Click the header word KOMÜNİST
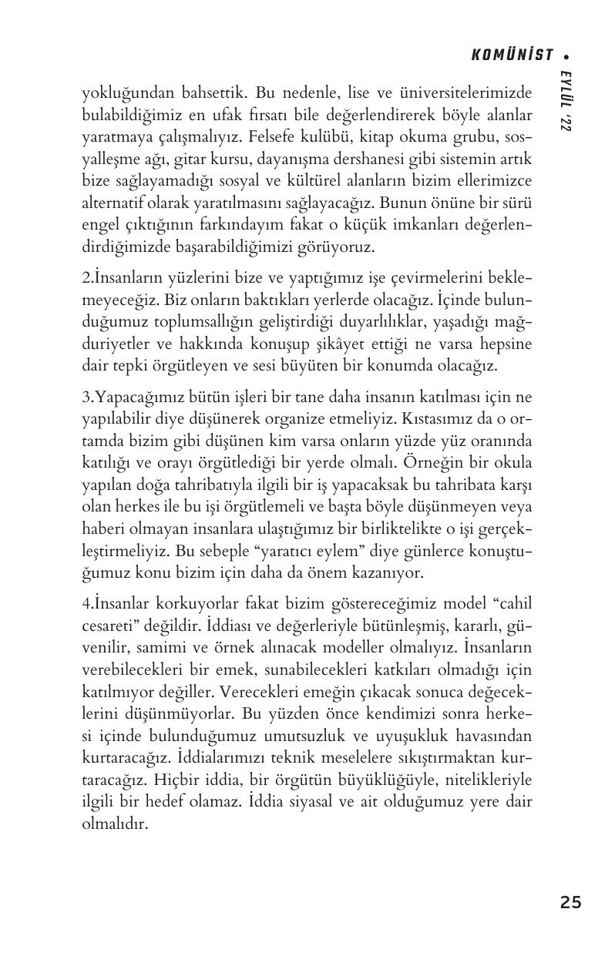[x=512, y=55]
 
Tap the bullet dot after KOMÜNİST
[x=566, y=55]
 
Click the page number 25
[x=571, y=902]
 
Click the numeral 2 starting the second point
[x=86, y=277]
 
